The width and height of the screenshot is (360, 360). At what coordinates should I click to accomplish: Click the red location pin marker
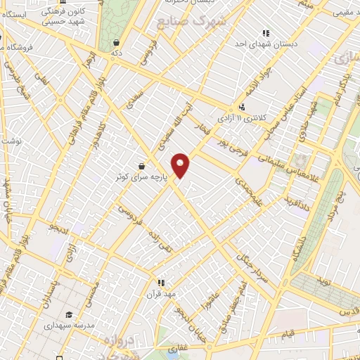pos(181,165)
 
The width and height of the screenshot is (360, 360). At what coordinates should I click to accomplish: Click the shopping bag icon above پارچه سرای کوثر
pos(142,166)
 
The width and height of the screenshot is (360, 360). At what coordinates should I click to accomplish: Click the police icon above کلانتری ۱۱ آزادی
pos(243,108)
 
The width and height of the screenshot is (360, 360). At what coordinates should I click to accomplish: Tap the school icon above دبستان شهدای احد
pos(266,32)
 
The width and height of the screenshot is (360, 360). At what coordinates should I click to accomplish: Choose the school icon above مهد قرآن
pos(161,283)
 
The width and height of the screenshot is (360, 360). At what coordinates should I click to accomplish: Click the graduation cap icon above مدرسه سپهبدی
pos(69,314)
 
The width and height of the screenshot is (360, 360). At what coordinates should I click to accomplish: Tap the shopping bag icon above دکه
pos(115,42)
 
